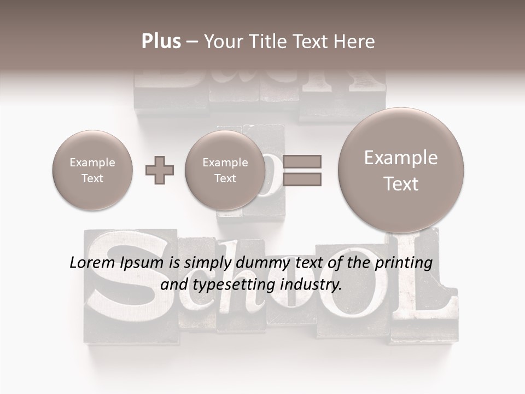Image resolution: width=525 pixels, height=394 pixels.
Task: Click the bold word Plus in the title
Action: pos(161,41)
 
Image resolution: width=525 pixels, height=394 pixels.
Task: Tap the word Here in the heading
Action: pos(354,41)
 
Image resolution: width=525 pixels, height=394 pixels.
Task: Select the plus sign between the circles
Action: pos(160,170)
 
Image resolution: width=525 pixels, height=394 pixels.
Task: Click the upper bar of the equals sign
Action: pos(301,161)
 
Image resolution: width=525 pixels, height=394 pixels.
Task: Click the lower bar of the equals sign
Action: pos(301,179)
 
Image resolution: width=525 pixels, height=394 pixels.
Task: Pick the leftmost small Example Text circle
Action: pos(92,170)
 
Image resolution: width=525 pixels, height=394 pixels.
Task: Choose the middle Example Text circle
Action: pos(225,170)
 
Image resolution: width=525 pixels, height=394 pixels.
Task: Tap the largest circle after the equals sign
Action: pos(401,170)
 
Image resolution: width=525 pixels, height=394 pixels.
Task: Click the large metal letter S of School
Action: pos(127,285)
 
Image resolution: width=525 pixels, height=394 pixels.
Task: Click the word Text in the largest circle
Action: pos(401,184)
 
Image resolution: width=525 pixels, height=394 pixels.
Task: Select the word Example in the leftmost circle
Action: pos(92,163)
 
